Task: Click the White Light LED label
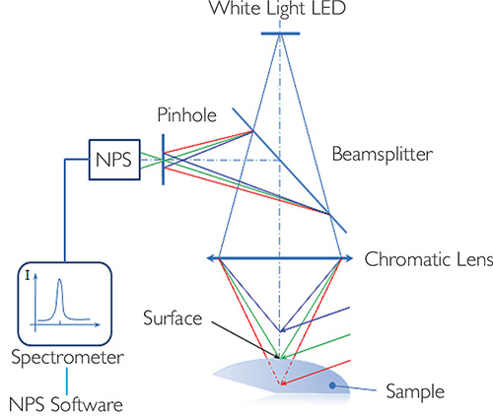tap(278, 8)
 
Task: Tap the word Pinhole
tap(187, 115)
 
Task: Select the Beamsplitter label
tap(383, 155)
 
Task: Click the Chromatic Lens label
tap(429, 259)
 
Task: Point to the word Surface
tap(173, 318)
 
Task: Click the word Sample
tap(415, 391)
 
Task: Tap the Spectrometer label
tap(68, 357)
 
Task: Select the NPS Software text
tap(66, 404)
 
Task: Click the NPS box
tap(114, 160)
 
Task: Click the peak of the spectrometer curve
tap(59, 280)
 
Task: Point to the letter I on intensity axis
tap(28, 275)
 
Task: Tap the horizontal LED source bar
tap(280, 34)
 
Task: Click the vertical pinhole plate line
tap(163, 160)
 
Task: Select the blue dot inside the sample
tap(332, 385)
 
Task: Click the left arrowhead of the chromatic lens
tap(211, 258)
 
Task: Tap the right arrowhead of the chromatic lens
tap(348, 258)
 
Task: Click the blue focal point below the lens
tap(280, 331)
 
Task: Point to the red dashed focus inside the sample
tap(280, 384)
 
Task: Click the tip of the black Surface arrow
tap(279, 358)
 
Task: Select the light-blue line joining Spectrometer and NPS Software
tap(67, 382)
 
